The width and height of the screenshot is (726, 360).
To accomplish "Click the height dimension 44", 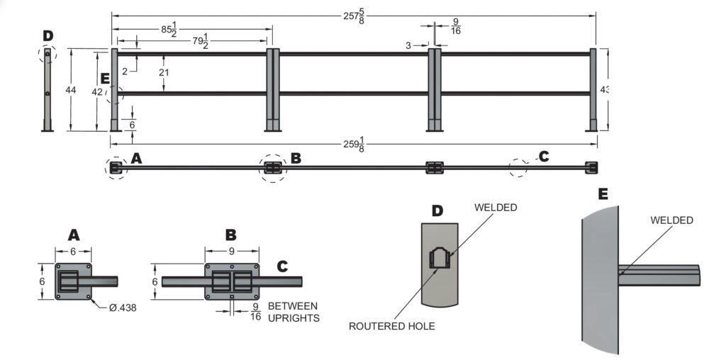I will click(x=70, y=90).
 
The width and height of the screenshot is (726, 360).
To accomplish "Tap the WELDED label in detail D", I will click(x=496, y=208).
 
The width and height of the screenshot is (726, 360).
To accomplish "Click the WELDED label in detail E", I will click(x=671, y=220).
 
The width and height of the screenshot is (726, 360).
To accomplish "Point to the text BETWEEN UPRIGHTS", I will click(x=294, y=313).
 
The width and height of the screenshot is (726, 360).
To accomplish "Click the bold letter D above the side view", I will click(x=48, y=35).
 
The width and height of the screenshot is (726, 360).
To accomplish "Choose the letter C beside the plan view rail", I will click(x=544, y=157).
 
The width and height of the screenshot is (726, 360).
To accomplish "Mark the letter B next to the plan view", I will click(x=296, y=158).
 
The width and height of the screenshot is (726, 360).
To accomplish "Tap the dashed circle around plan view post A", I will click(x=115, y=169).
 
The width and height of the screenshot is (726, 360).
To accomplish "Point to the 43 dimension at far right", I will click(x=605, y=89).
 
